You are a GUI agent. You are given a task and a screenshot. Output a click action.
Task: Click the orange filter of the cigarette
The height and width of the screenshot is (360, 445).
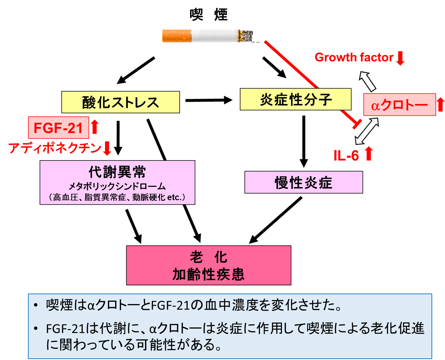176,36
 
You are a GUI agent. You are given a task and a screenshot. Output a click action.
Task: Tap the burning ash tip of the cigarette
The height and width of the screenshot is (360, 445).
246,36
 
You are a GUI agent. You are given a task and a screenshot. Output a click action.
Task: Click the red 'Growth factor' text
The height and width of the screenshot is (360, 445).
354,58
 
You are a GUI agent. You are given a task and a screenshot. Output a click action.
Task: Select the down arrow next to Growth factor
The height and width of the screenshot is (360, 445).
400,58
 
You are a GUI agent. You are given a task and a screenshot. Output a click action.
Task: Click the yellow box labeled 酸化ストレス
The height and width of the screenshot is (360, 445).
120,102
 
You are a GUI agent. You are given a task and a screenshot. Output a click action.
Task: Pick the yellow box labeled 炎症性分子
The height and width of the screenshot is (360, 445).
295,99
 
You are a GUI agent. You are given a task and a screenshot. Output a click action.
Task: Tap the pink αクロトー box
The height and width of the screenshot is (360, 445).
399,105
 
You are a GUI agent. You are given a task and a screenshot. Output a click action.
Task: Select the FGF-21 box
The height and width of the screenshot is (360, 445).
59,128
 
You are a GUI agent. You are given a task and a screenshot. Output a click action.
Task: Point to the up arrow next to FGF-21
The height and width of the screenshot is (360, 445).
95,127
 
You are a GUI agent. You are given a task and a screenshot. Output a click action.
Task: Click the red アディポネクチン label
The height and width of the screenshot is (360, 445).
55,148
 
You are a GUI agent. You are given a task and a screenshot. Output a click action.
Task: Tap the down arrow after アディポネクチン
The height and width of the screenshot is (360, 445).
107,148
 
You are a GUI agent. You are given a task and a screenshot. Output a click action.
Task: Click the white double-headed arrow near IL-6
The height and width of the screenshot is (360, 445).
367,131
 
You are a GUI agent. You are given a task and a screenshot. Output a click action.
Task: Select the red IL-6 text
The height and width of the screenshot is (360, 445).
346,155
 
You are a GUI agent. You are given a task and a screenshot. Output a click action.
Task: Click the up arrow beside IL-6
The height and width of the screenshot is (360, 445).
369,154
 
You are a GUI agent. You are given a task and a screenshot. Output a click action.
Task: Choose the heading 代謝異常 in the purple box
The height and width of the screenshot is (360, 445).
117,172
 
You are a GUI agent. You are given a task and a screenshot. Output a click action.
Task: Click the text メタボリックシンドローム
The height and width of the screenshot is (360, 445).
117,187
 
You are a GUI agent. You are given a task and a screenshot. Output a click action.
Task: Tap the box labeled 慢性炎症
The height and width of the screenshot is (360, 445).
304,182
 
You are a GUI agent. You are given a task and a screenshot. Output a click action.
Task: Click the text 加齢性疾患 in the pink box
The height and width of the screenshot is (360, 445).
209,274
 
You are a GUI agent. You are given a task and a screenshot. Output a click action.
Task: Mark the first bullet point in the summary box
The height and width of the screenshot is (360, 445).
36,306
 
